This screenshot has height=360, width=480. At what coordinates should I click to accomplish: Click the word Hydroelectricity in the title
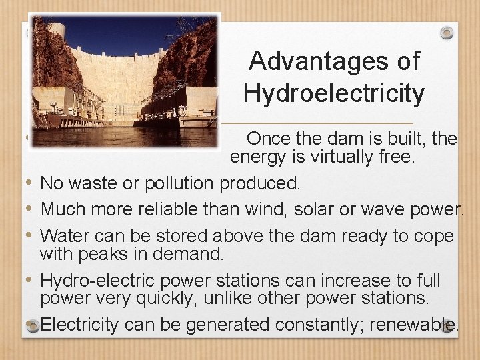(x=334, y=93)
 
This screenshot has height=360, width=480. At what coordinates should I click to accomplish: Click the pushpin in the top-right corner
(x=446, y=32)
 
